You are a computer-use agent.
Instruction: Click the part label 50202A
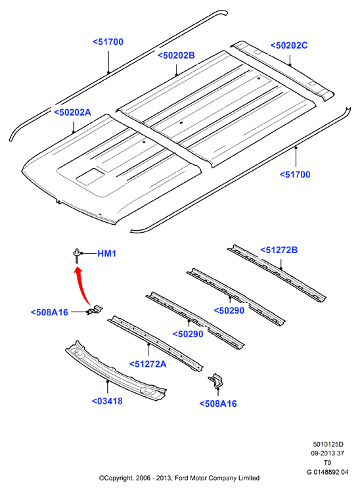point(73,112)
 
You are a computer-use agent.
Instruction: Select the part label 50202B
point(176,55)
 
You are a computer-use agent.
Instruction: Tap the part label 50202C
point(289,45)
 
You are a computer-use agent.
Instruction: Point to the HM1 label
point(106,253)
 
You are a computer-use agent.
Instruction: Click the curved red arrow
point(81,285)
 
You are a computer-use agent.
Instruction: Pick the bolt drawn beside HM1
point(76,255)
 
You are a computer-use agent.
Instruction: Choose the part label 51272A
point(148,364)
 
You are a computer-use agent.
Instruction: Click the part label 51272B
point(279,250)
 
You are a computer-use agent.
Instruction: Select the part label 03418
point(107,401)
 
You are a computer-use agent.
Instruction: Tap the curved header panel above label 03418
point(116,371)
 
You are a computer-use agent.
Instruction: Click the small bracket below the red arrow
point(95,310)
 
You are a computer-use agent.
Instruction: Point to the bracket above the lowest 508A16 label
point(215,381)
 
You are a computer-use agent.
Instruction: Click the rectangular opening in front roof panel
point(90,176)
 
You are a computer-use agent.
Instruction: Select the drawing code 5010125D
point(328,444)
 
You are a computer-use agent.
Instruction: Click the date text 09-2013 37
point(327,453)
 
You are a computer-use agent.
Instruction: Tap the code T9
point(327,463)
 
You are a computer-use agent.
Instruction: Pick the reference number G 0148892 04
point(327,472)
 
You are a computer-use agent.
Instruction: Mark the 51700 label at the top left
point(108,42)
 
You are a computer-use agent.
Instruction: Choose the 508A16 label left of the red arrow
point(49,312)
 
